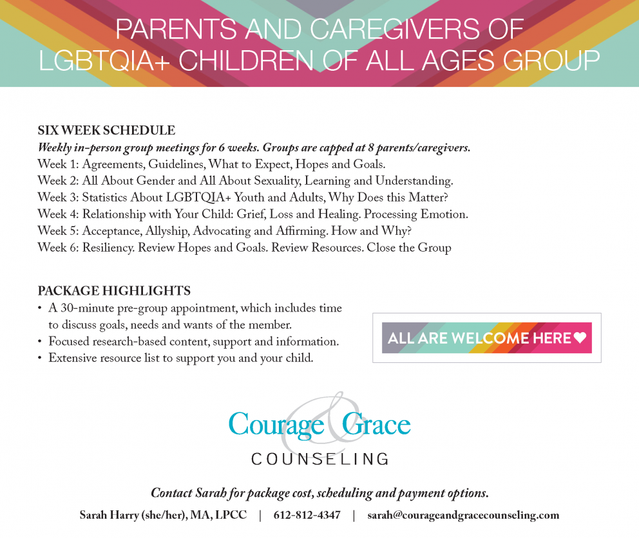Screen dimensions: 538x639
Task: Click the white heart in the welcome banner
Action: [580, 338]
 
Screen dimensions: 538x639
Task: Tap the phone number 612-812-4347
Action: [307, 515]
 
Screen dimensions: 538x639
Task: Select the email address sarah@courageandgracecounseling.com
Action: [463, 515]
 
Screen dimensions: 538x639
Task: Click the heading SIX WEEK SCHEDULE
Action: [106, 131]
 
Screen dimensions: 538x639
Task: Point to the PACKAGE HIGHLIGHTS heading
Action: [114, 291]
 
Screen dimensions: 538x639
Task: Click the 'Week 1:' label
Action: [58, 164]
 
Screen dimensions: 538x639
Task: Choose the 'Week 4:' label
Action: [58, 214]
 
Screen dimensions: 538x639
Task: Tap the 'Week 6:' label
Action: [58, 248]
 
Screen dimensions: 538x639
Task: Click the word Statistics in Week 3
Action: [109, 198]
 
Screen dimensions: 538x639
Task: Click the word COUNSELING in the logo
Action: [319, 459]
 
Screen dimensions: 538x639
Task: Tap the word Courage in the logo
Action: [275, 424]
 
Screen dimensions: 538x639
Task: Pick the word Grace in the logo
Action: [376, 424]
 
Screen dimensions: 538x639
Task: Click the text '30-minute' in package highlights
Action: [85, 308]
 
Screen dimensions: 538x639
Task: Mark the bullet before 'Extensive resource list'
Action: [41, 358]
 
